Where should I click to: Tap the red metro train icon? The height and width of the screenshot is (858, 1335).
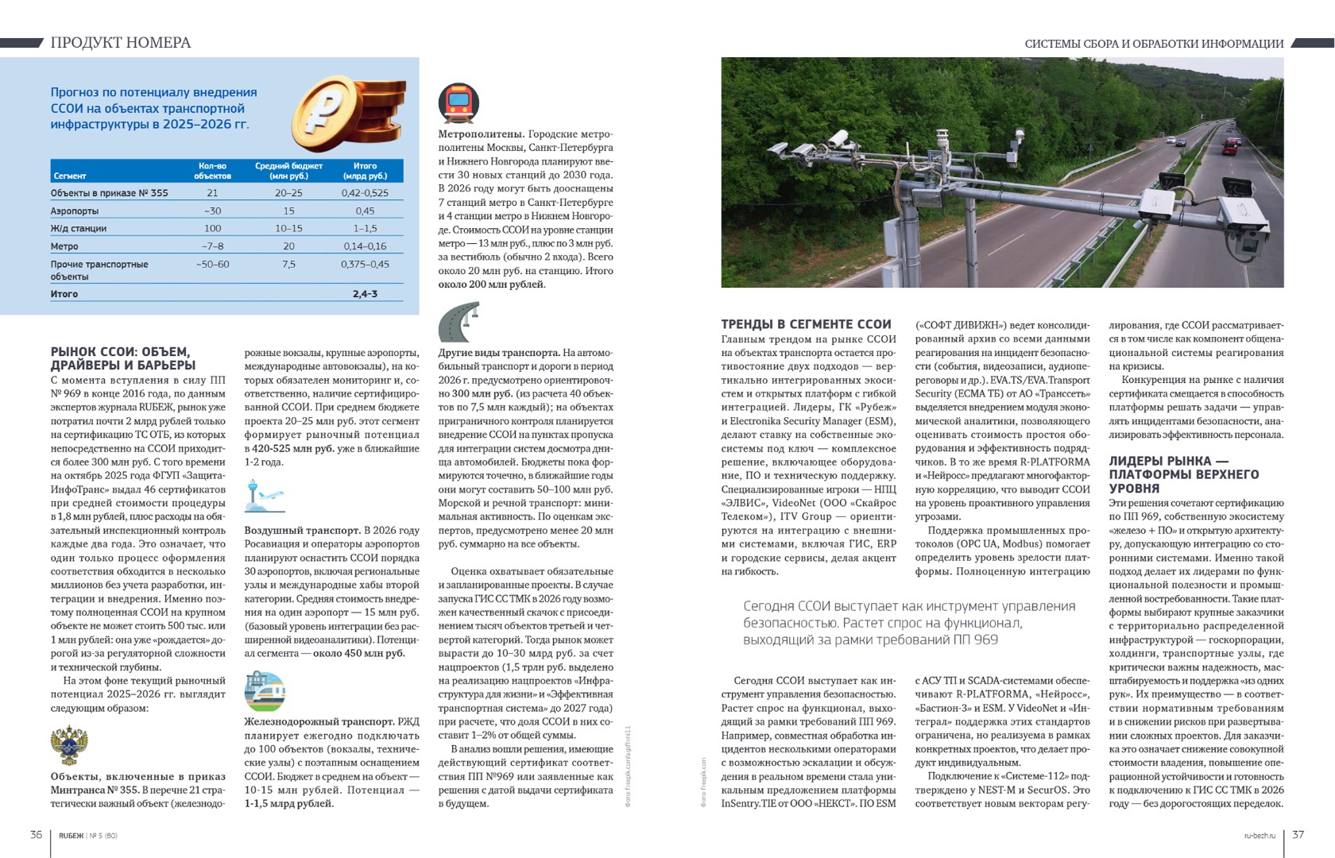[x=459, y=103]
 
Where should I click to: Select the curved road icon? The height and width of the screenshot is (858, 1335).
[x=459, y=322]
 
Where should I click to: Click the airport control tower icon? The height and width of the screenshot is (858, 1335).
[x=264, y=496]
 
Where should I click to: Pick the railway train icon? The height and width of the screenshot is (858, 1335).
[x=265, y=690]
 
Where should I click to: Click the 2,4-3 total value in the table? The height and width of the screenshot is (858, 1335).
[x=365, y=294]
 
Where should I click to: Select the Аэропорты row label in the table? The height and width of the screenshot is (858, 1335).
[x=75, y=211]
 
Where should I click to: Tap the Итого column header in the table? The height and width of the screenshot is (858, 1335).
[x=365, y=170]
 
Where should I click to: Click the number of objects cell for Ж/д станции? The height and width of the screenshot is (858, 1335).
[x=212, y=229]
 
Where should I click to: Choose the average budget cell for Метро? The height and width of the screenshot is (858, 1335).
[x=288, y=246]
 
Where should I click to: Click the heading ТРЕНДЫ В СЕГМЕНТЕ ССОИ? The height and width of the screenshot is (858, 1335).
[x=806, y=324]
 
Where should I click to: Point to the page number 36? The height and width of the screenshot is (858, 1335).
[x=36, y=834]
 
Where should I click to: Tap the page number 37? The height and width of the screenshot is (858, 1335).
[x=1298, y=834]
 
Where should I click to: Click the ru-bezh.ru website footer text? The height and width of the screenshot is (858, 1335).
[x=1260, y=835]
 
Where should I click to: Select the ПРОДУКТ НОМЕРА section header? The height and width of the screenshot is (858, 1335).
[x=121, y=43]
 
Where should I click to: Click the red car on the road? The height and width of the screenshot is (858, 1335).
[x=1231, y=147]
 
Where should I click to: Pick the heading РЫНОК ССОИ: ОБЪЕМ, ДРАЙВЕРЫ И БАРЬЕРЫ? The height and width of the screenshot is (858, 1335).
[x=123, y=358]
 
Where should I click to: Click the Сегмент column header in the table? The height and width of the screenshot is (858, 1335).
[x=70, y=176]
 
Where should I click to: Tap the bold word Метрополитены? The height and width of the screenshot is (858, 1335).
[x=481, y=134]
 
